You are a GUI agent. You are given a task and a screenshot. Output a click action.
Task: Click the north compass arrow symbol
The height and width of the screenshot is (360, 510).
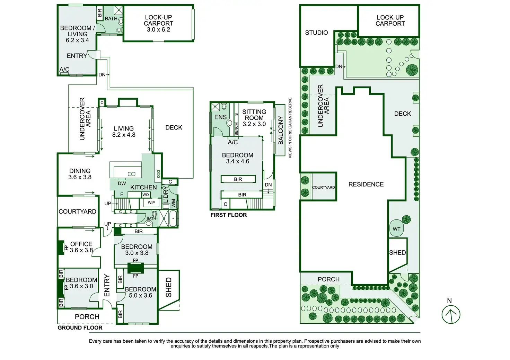451,314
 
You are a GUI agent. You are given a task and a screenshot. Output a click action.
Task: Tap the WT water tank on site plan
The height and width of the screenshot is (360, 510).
396,229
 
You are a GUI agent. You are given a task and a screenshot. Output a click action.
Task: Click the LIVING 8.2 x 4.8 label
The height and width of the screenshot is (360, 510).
124,132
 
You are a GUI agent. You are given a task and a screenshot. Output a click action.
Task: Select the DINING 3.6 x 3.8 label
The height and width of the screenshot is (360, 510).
80,174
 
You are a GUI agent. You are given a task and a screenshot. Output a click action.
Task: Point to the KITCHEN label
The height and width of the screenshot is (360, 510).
143,187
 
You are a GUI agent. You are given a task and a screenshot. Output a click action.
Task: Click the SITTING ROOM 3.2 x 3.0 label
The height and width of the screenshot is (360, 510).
254,118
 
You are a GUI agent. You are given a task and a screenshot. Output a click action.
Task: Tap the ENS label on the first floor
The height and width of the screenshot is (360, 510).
220,117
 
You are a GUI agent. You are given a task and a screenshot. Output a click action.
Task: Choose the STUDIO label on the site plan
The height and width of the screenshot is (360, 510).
316,33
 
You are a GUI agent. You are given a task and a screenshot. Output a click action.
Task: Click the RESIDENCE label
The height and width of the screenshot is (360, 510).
366,184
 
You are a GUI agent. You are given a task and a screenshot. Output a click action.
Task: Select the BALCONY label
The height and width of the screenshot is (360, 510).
281,130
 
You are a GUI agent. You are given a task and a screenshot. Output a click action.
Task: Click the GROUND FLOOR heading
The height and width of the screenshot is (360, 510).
80,327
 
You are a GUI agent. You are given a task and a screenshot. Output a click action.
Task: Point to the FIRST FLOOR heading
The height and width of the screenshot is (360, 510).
229,215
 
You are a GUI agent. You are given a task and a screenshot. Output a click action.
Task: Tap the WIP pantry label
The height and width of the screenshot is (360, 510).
151,202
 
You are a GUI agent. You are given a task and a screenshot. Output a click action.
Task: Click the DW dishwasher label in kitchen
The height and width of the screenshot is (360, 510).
122,183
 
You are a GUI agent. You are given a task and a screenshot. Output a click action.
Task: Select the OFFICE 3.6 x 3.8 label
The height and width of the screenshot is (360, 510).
81,247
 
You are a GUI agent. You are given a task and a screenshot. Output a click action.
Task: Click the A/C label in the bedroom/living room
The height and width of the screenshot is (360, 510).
64,69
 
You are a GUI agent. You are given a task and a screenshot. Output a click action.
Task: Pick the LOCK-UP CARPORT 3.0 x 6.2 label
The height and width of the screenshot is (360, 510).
158,23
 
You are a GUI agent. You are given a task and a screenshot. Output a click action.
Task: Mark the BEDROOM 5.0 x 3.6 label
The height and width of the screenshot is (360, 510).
140,292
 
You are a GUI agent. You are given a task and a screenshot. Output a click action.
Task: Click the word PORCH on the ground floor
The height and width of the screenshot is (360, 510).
87,316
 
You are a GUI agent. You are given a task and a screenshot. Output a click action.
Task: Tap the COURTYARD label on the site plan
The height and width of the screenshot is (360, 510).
323,187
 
